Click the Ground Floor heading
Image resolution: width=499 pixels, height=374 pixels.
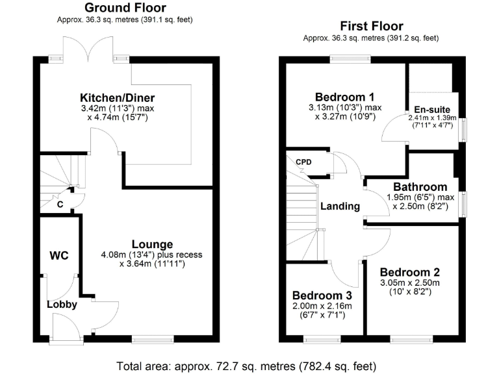pyautogui.click(x=125, y=8)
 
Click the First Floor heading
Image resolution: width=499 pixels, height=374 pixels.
pyautogui.click(x=372, y=27)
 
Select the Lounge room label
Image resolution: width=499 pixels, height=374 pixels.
pyautogui.click(x=152, y=245)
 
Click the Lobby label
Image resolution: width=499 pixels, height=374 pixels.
pyautogui.click(x=62, y=304)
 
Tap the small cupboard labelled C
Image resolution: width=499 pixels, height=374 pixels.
pyautogui.click(x=60, y=205)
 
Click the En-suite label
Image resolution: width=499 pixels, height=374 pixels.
pyautogui.click(x=432, y=108)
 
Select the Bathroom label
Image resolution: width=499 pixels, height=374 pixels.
pyautogui.click(x=416, y=187)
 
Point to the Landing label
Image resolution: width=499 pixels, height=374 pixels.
pyautogui.click(x=340, y=206)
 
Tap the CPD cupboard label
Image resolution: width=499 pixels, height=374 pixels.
pyautogui.click(x=304, y=162)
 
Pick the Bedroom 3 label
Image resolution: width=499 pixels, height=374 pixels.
pyautogui.click(x=321, y=295)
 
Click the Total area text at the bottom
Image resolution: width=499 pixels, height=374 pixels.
pyautogui.click(x=246, y=364)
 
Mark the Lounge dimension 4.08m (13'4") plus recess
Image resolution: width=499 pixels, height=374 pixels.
pyautogui.click(x=152, y=255)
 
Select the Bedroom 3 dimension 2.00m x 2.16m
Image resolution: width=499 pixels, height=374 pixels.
pyautogui.click(x=321, y=306)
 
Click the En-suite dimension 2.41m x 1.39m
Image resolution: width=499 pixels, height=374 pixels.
pyautogui.click(x=432, y=118)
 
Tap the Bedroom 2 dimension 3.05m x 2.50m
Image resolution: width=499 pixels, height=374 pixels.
pyautogui.click(x=409, y=283)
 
